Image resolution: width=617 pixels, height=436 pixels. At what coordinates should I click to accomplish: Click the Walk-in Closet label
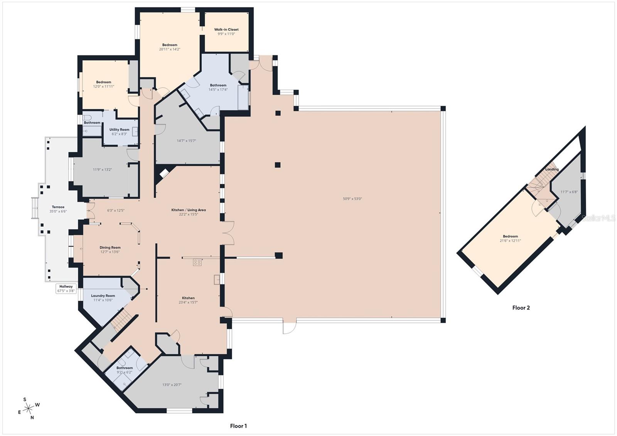(226, 29)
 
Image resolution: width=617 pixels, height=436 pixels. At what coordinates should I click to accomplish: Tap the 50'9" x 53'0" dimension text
(352, 199)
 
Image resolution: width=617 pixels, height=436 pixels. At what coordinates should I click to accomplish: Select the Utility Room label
(119, 130)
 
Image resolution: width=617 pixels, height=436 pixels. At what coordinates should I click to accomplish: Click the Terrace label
(58, 207)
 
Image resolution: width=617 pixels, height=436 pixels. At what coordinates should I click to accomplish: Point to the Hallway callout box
(66, 288)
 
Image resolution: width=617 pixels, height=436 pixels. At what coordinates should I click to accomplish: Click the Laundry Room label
(103, 296)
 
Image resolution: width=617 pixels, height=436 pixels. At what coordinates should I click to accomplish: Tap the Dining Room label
(110, 247)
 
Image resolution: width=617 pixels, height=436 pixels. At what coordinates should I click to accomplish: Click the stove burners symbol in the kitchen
(197, 262)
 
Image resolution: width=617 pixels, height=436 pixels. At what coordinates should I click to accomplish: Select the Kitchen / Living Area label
(189, 210)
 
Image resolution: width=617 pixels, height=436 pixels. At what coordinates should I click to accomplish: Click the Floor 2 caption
(521, 308)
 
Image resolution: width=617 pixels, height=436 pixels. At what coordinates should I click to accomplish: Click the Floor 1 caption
(238, 426)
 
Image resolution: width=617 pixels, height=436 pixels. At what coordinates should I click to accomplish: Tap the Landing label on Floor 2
(552, 169)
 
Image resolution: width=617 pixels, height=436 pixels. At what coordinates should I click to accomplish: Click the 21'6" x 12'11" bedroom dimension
(510, 241)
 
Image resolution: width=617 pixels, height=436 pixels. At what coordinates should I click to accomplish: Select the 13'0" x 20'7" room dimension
(172, 385)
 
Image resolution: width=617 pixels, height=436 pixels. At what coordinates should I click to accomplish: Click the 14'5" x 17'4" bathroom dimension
(218, 90)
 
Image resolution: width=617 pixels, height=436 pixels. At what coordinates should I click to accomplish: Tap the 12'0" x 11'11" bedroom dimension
(103, 87)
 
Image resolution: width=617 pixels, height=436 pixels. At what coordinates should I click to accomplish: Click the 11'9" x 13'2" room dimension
(102, 169)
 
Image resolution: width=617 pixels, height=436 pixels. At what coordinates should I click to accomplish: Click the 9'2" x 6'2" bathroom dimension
(124, 372)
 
